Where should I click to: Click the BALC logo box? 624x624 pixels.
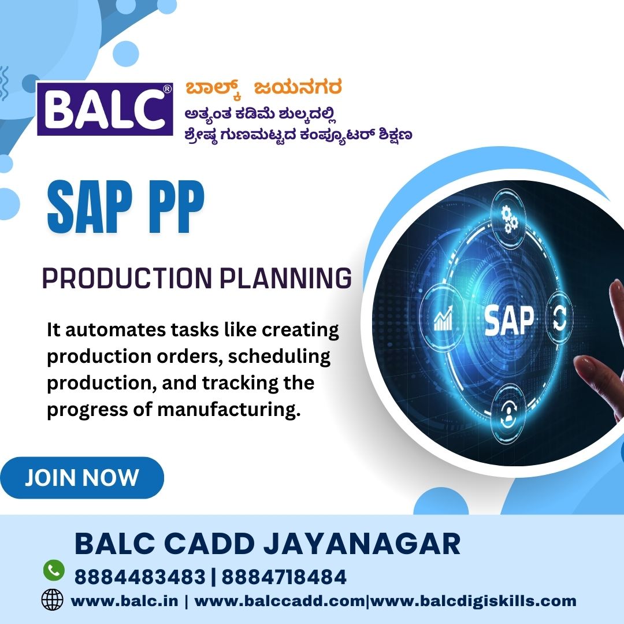click(105, 109)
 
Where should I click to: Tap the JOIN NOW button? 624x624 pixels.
click(82, 478)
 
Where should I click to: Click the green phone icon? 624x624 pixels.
click(54, 570)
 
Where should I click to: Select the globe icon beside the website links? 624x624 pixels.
click(52, 600)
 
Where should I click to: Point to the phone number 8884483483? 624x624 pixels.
click(140, 577)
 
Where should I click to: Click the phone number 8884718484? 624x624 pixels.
click(284, 577)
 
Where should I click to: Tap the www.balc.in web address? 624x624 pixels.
click(124, 600)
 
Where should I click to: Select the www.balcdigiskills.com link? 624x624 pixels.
click(473, 601)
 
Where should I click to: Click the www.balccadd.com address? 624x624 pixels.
click(280, 600)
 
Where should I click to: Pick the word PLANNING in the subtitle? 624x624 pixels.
click(286, 278)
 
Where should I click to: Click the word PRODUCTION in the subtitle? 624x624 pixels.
click(127, 278)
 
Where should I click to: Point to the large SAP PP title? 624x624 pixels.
click(126, 207)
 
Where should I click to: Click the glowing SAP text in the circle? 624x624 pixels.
click(509, 321)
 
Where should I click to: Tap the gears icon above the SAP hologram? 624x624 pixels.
click(508, 220)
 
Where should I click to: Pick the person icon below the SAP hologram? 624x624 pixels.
click(507, 415)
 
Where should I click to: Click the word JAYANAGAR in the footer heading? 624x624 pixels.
click(362, 544)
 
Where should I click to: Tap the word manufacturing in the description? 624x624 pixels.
click(229, 410)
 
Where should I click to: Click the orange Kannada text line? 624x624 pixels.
click(263, 88)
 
